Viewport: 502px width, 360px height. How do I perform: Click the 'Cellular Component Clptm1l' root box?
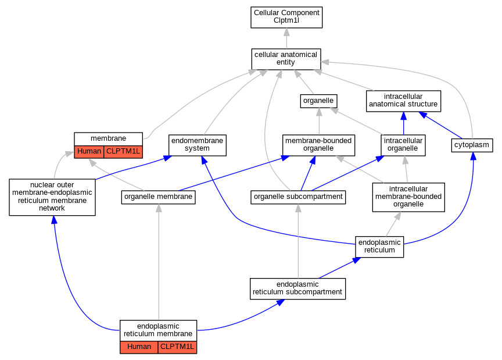(286, 17)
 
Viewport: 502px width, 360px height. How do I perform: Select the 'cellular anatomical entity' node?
(286, 59)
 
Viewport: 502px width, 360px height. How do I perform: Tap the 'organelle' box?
(318, 101)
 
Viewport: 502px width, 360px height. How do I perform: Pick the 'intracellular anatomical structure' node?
(403, 101)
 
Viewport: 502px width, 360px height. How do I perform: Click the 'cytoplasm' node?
(472, 145)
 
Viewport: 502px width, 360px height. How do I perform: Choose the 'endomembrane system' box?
(197, 145)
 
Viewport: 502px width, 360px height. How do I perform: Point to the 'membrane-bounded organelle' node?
(318, 145)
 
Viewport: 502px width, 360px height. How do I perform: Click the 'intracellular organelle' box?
(403, 145)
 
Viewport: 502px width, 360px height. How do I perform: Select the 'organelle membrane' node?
(158, 197)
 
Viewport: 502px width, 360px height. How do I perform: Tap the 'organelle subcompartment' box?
(298, 197)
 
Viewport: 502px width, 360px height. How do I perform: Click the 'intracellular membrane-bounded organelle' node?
(408, 197)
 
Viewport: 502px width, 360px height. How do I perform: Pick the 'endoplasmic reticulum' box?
(379, 247)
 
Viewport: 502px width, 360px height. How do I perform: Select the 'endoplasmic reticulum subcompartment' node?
(297, 289)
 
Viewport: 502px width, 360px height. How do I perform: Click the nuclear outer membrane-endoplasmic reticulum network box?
(52, 197)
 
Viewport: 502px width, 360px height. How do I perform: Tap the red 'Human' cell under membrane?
(89, 152)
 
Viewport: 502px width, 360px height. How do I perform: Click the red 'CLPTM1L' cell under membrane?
(123, 152)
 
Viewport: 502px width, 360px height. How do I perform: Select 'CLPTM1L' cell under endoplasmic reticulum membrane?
(177, 347)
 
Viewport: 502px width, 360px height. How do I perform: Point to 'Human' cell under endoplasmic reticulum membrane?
(139, 347)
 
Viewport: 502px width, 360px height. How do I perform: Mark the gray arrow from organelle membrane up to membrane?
(117, 175)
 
